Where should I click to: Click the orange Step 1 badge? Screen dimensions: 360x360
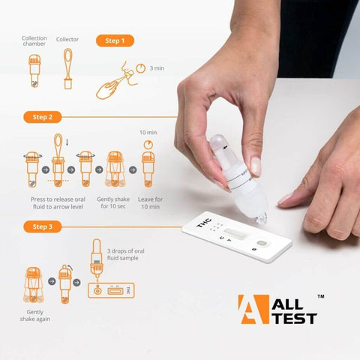(x=115, y=40)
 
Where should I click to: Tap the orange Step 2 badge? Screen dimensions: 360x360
(x=43, y=117)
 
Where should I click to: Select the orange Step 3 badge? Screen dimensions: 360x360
(x=43, y=226)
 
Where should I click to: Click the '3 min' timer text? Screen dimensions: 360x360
(x=157, y=68)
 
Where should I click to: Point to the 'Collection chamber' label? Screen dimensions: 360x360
(x=34, y=41)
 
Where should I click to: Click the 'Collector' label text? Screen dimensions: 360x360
(x=67, y=39)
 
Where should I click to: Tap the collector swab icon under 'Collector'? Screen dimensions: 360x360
(x=68, y=68)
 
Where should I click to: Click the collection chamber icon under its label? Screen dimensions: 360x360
(x=34, y=70)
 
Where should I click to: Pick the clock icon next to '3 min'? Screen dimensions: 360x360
(x=140, y=68)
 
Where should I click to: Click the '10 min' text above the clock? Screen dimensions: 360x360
(x=148, y=133)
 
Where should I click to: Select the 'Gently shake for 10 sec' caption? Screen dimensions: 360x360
(x=113, y=202)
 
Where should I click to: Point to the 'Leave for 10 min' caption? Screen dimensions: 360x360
(x=150, y=203)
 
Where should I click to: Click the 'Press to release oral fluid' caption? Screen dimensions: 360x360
(x=58, y=203)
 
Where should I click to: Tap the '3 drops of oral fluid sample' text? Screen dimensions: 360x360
(x=126, y=254)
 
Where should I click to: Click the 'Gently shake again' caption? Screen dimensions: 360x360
(x=35, y=316)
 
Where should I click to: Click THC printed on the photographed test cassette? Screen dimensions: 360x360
(x=204, y=223)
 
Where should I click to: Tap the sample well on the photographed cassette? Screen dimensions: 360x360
(x=261, y=243)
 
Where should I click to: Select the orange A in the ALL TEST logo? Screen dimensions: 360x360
(x=253, y=309)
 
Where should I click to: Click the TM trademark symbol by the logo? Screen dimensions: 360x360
(x=321, y=296)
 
